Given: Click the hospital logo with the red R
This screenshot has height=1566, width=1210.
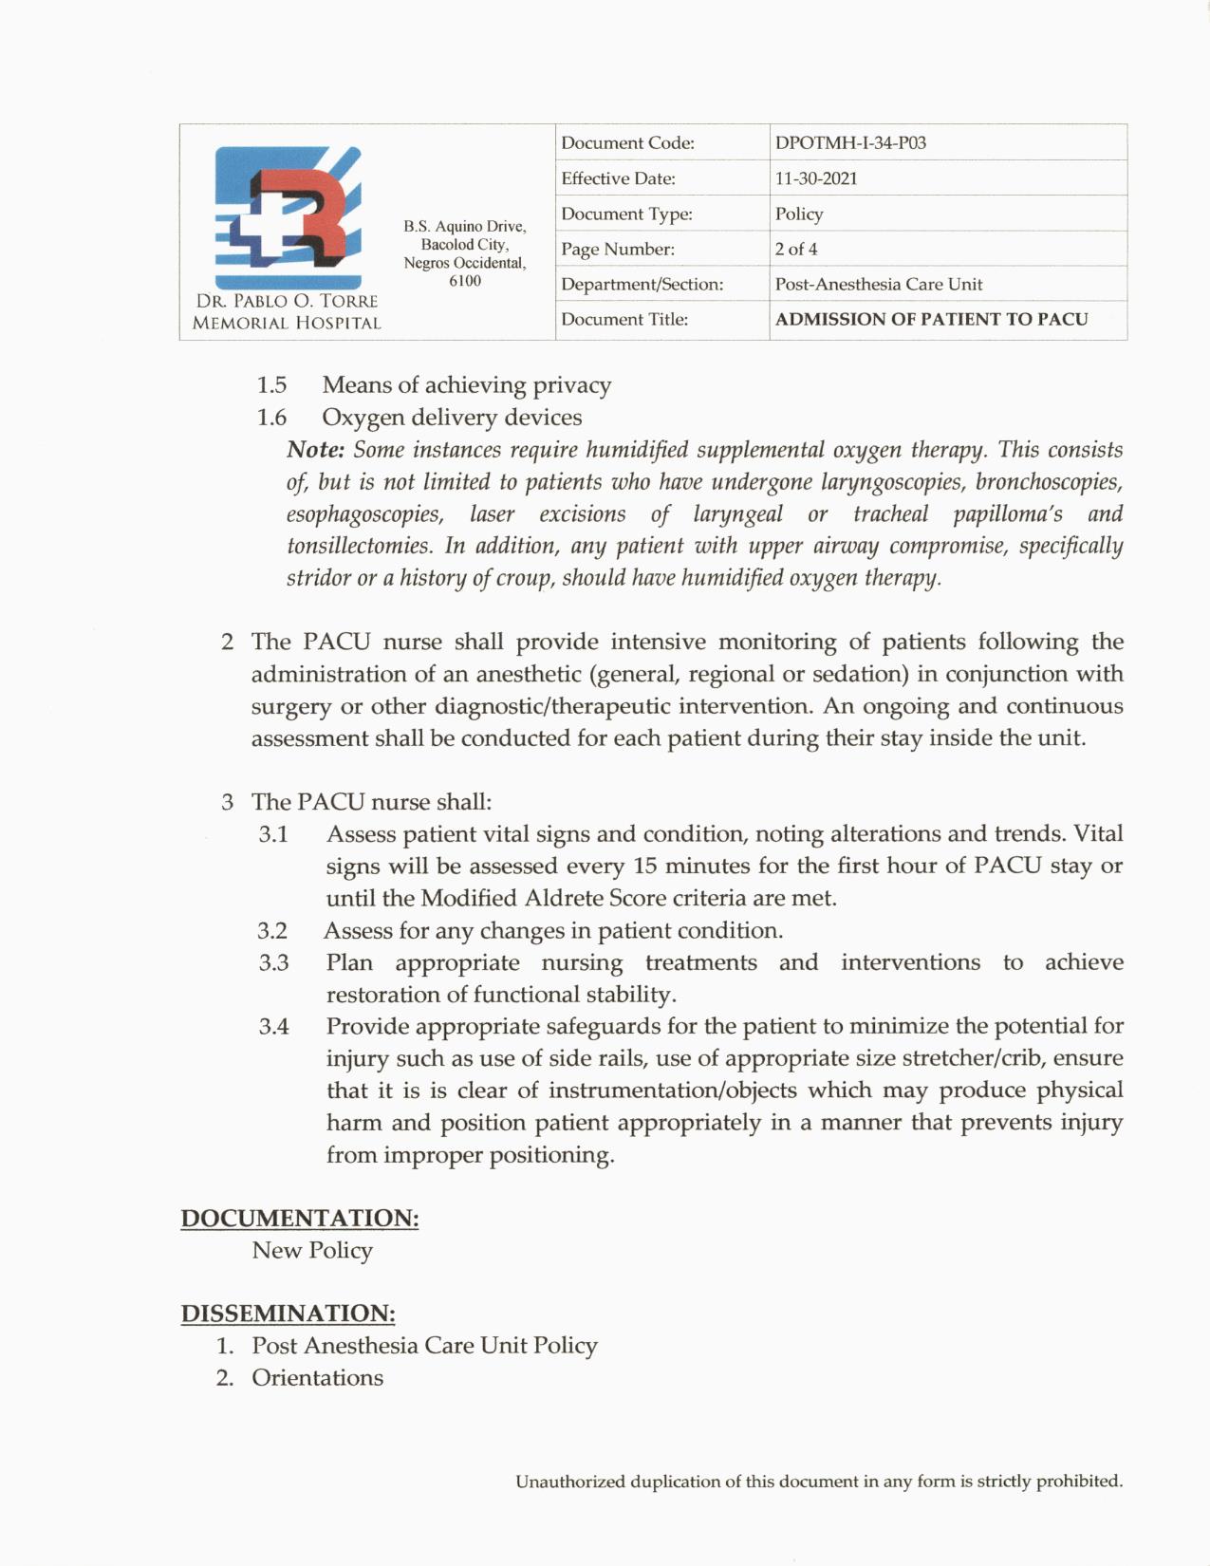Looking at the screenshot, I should (288, 217).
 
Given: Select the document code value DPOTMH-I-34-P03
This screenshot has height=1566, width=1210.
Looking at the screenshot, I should (850, 143).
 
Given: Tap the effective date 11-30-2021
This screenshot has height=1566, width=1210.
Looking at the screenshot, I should (816, 178).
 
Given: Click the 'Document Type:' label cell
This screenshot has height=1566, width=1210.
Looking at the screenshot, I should (626, 214).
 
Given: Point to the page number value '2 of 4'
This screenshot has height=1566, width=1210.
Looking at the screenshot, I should (796, 250).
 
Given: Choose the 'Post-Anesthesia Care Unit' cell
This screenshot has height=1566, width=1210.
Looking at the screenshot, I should (879, 285).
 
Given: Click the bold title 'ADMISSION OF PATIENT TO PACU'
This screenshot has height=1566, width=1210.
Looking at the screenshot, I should (931, 320).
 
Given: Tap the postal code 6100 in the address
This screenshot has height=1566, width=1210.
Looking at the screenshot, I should (464, 281).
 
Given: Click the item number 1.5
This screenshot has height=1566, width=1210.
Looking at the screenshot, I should (271, 385).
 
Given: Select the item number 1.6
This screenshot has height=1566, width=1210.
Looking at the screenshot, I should (271, 418).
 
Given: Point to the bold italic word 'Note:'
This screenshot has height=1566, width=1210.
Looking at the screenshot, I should (315, 450).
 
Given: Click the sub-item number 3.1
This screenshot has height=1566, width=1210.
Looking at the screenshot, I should (273, 834).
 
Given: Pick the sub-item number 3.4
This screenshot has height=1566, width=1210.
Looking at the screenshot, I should (273, 1027).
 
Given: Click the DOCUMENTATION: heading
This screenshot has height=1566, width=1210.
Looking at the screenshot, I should (300, 1219).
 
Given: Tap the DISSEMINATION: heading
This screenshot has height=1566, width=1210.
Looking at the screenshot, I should (288, 1314).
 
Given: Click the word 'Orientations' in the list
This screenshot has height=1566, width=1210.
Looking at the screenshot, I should (317, 1378).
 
